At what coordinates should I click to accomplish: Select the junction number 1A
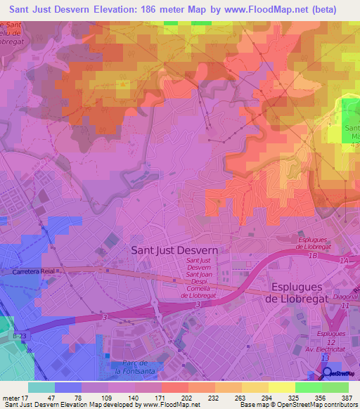(343, 261)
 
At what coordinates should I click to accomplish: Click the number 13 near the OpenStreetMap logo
(324, 358)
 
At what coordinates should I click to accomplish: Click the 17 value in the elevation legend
(29, 398)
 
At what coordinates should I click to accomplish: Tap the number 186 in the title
(155, 9)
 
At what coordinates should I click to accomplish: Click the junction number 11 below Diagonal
(345, 306)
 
